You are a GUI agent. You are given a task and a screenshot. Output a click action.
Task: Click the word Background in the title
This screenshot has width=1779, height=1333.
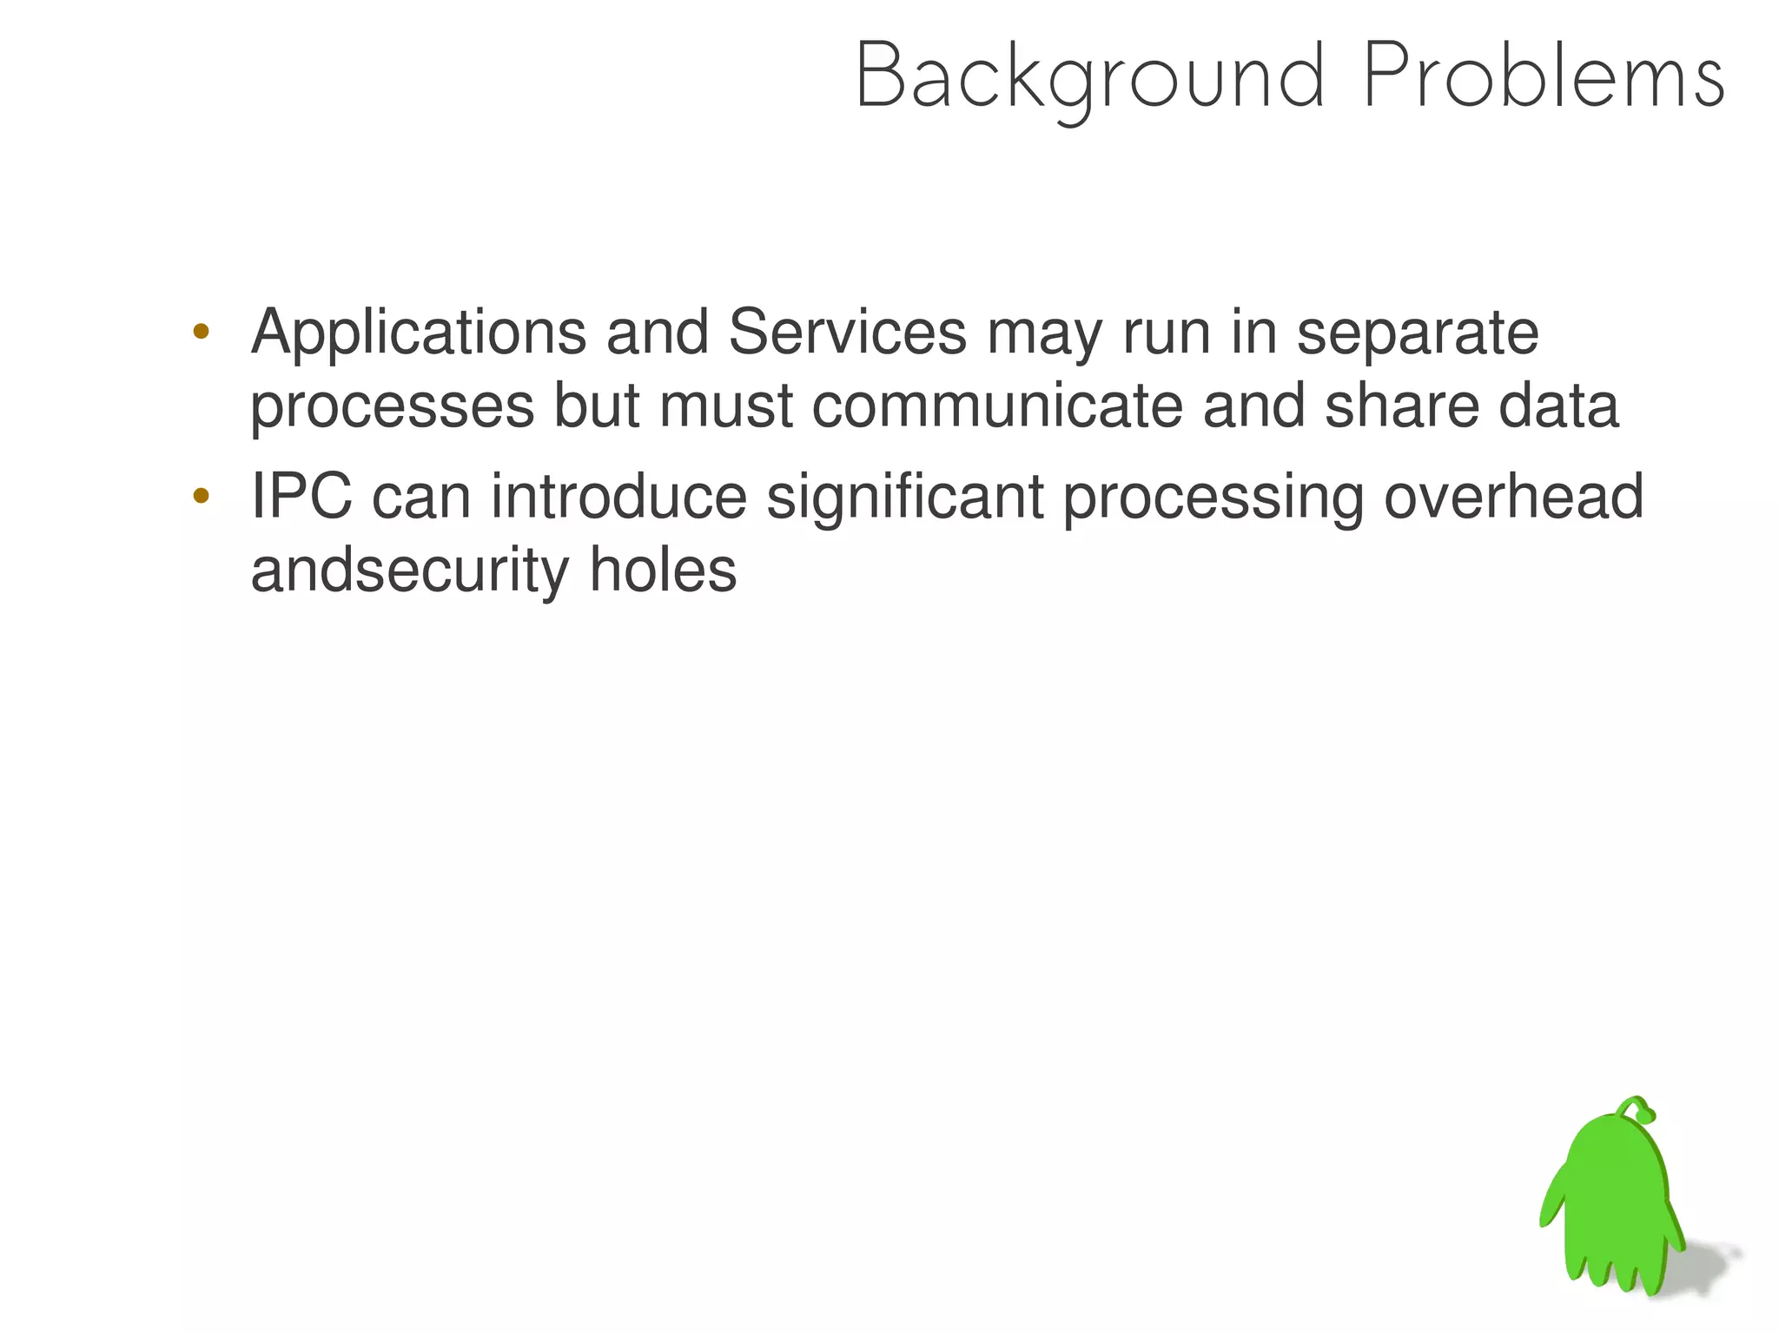1090,78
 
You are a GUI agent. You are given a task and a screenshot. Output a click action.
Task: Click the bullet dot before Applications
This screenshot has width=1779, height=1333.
201,331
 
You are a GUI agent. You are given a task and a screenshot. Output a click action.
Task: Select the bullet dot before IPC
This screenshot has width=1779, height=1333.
201,496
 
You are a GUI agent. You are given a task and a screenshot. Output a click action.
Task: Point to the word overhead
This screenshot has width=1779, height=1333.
1513,497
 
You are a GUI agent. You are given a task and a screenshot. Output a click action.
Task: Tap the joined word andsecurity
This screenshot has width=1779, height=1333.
409,572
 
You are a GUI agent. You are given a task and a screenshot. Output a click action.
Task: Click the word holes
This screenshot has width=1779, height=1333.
663,571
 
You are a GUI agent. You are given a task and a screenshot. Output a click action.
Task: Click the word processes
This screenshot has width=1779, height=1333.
392,408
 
